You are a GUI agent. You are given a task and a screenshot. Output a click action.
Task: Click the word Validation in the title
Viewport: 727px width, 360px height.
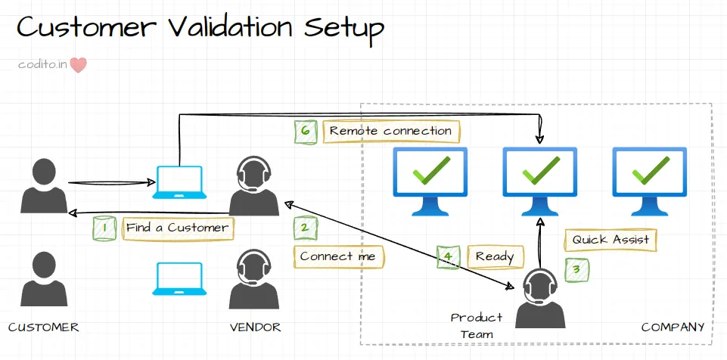[230, 28]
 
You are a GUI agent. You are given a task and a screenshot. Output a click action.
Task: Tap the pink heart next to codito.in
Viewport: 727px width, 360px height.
[79, 65]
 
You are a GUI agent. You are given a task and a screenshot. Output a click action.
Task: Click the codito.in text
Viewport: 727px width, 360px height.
[42, 65]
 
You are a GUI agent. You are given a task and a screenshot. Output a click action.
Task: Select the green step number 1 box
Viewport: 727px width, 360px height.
[104, 228]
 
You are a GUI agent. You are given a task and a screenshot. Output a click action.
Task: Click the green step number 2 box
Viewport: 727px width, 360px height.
[305, 228]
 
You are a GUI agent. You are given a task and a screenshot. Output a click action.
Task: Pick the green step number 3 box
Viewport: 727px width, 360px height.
[576, 267]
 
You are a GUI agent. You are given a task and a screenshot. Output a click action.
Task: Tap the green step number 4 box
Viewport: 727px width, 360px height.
[449, 257]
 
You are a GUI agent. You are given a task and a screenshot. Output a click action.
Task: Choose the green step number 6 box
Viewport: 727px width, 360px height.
[306, 131]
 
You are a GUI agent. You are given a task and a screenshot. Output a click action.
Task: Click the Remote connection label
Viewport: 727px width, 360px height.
[390, 131]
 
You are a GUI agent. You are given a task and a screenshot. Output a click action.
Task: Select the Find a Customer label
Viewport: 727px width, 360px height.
[177, 228]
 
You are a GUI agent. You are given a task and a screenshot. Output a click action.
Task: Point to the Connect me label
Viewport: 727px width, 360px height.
[338, 256]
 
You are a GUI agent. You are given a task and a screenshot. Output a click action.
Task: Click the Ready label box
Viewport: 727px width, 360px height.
[495, 257]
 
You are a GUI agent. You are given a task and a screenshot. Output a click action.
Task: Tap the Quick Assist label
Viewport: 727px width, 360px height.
[610, 240]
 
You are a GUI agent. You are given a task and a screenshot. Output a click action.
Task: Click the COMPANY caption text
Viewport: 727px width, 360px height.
[673, 327]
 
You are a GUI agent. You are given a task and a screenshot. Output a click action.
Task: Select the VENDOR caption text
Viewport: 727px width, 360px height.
[256, 327]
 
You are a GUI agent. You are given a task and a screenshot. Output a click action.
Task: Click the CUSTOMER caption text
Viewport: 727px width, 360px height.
[43, 327]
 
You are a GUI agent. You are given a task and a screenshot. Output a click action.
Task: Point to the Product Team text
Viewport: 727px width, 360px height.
[476, 325]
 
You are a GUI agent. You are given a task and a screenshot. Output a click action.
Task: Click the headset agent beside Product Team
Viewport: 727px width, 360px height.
[540, 298]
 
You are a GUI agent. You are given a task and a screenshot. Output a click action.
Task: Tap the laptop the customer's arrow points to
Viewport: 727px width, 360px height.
[179, 182]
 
